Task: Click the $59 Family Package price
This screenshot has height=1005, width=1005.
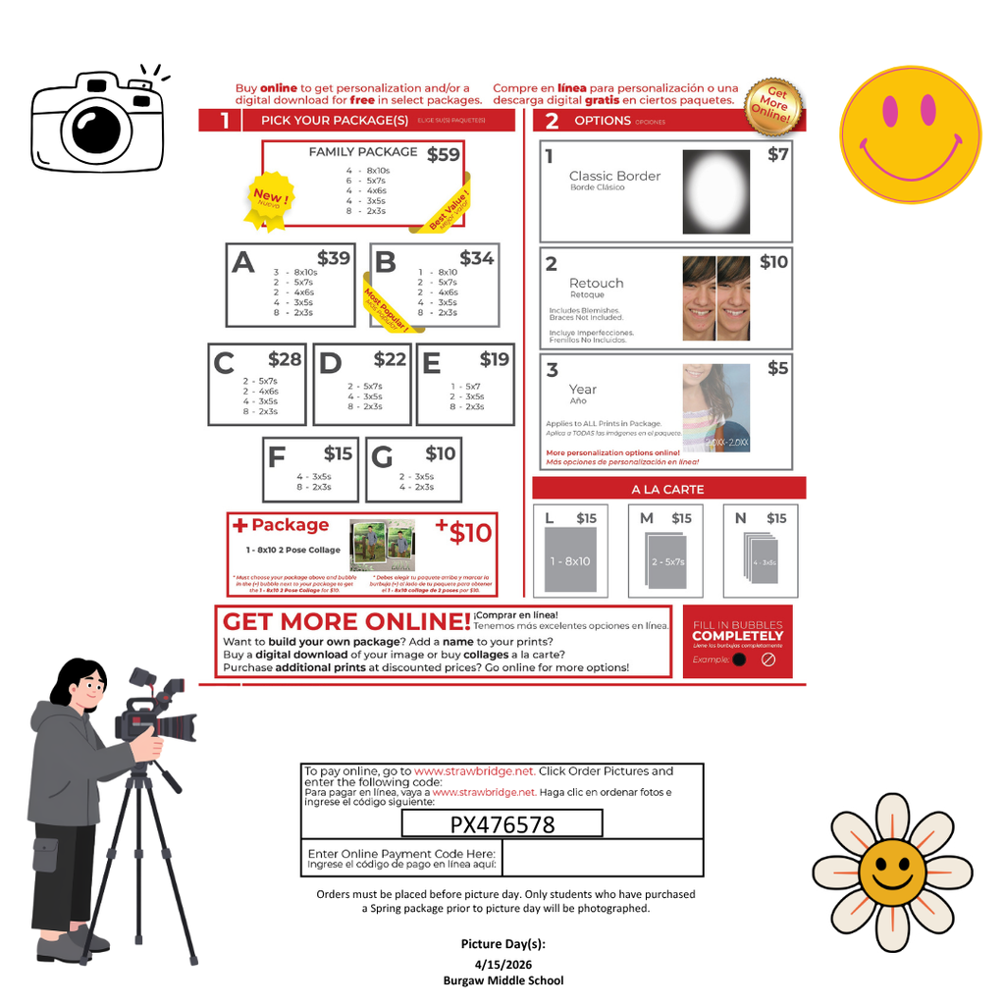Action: pyautogui.click(x=443, y=154)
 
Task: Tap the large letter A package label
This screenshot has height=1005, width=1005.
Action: pyautogui.click(x=242, y=263)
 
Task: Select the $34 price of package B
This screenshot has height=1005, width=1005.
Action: pyautogui.click(x=476, y=258)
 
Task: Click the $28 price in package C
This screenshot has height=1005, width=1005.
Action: pyautogui.click(x=285, y=359)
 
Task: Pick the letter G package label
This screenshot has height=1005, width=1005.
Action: pyautogui.click(x=382, y=458)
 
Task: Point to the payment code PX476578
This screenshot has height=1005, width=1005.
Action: pyautogui.click(x=502, y=824)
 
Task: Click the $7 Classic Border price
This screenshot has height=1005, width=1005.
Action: pyautogui.click(x=777, y=154)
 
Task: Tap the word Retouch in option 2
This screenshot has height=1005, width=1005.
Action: pyautogui.click(x=596, y=283)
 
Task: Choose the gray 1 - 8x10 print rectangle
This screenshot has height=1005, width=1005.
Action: pyautogui.click(x=570, y=560)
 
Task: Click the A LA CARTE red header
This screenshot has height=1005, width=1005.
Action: pyautogui.click(x=667, y=489)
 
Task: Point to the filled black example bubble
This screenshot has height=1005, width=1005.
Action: pyautogui.click(x=739, y=660)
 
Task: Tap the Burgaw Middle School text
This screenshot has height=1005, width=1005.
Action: pyautogui.click(x=502, y=979)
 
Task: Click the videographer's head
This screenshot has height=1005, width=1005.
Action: pyautogui.click(x=82, y=682)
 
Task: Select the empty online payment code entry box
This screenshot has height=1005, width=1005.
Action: pyautogui.click(x=603, y=858)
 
